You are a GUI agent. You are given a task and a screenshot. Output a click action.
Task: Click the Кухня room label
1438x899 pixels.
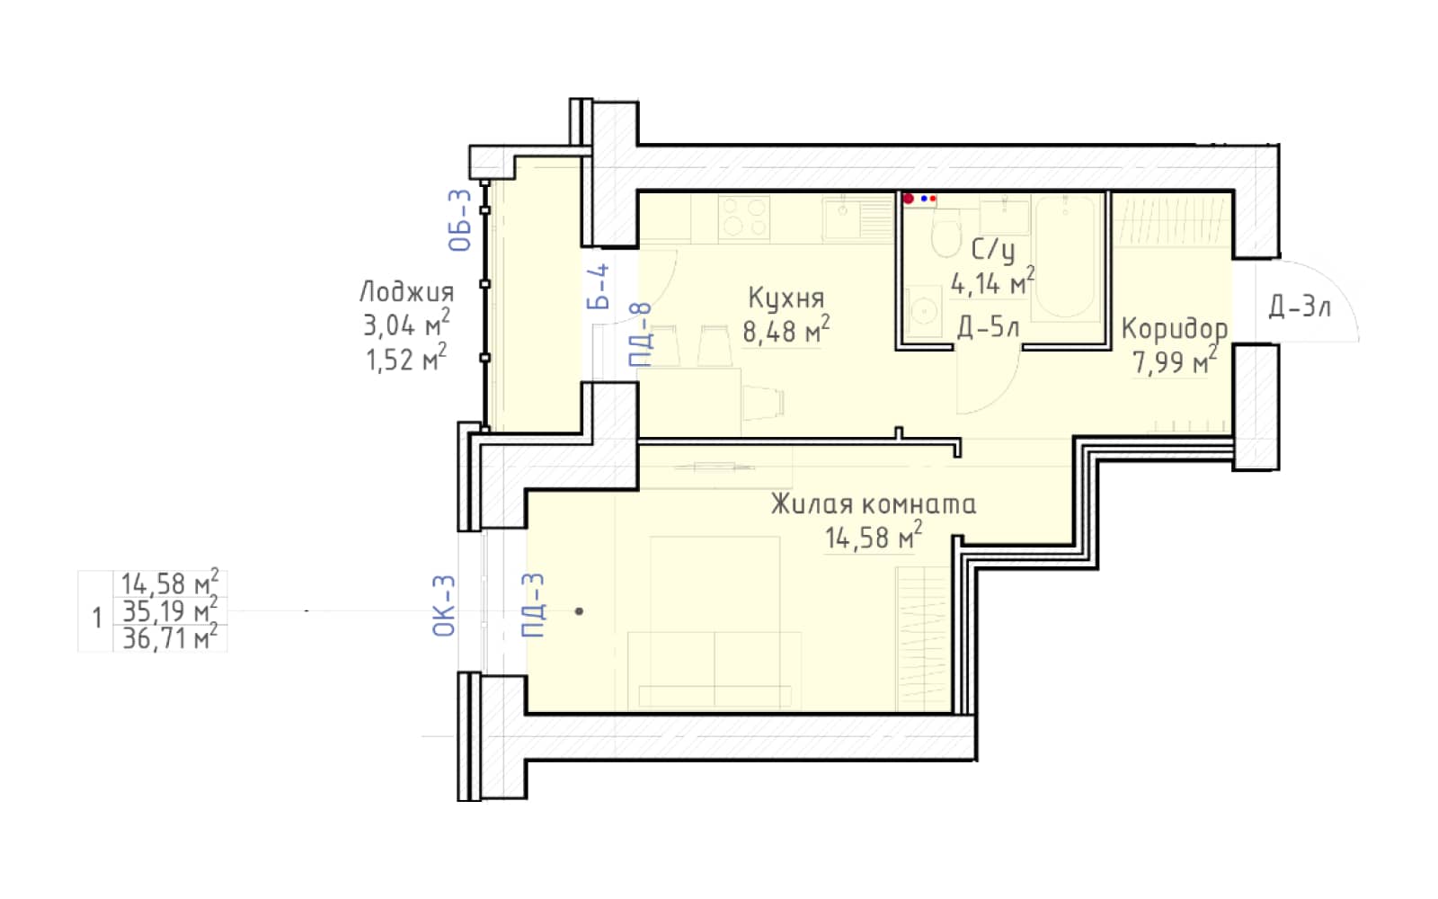[x=786, y=298]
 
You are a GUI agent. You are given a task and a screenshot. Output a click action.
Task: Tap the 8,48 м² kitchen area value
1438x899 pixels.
[x=786, y=330]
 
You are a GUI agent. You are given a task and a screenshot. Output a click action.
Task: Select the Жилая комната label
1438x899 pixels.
[x=873, y=504]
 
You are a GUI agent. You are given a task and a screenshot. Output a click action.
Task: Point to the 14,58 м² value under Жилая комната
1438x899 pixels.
[x=873, y=536]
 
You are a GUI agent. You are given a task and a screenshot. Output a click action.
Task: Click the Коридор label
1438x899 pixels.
[x=1174, y=329]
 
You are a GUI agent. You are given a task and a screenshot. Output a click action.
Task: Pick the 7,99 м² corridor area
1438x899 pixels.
[x=1174, y=360]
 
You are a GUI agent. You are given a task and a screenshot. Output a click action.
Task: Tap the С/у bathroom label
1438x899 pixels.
[x=993, y=250]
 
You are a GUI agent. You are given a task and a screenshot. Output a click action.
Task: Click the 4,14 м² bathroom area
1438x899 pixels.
[x=992, y=282]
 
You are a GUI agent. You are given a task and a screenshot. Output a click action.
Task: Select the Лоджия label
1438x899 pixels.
[x=406, y=292]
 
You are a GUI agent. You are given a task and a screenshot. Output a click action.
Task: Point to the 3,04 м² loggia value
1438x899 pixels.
[x=406, y=324]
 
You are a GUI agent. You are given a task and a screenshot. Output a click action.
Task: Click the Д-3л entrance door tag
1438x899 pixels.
[x=1300, y=307]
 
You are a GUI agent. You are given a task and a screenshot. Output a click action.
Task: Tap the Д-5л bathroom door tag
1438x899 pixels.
[x=988, y=327]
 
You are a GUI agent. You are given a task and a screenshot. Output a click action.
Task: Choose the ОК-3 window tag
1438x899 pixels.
[x=444, y=606]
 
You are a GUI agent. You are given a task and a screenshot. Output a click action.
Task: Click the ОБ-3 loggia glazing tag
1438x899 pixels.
[x=459, y=219]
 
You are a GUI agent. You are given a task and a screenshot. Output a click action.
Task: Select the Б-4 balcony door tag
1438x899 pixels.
[x=598, y=287]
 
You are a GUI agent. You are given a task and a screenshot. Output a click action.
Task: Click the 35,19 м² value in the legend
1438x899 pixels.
[x=170, y=611]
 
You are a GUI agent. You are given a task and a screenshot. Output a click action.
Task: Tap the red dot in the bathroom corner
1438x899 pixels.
[x=909, y=199]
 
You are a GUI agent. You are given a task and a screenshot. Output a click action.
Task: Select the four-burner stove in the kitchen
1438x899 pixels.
[x=744, y=218]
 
